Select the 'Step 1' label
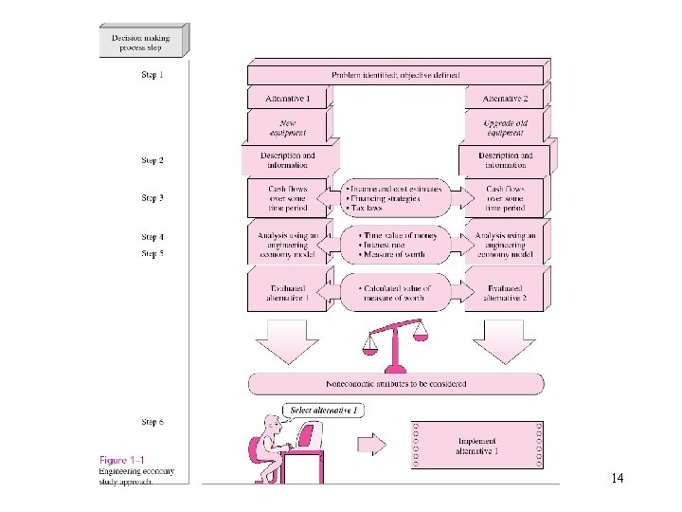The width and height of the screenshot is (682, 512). pos(152,76)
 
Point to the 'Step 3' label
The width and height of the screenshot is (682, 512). pos(152,198)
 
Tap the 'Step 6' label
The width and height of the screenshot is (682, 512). pos(152,422)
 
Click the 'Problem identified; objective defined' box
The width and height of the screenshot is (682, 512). pos(395,74)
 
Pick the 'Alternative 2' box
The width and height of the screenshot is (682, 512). pos(505,98)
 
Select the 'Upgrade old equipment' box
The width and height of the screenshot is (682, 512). pos(505,127)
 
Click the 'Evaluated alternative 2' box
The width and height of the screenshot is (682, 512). pos(505,292)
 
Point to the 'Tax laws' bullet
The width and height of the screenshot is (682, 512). pos(370,208)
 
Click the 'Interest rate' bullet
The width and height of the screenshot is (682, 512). pos(387,245)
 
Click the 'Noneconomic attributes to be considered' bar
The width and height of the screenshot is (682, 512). pos(396,384)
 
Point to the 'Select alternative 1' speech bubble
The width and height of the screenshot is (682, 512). pos(325,411)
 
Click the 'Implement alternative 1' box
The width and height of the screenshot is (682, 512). pos(477,446)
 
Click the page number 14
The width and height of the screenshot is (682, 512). pos(617,478)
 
